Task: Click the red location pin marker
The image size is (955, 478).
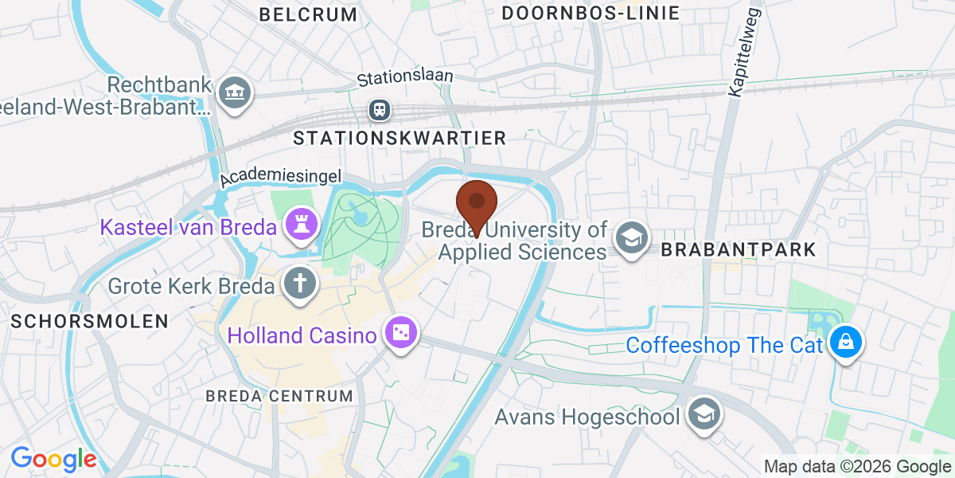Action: (477, 204)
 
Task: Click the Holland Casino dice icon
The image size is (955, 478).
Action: (400, 334)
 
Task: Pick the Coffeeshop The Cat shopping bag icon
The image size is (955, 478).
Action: (844, 343)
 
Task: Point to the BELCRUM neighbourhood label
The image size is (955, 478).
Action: (309, 14)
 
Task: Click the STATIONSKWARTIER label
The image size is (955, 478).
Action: (400, 138)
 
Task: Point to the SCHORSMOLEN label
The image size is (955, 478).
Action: (90, 321)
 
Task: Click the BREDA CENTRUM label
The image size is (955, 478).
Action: (279, 396)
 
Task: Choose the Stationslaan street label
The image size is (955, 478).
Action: (405, 77)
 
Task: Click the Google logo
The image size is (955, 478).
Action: (53, 458)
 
